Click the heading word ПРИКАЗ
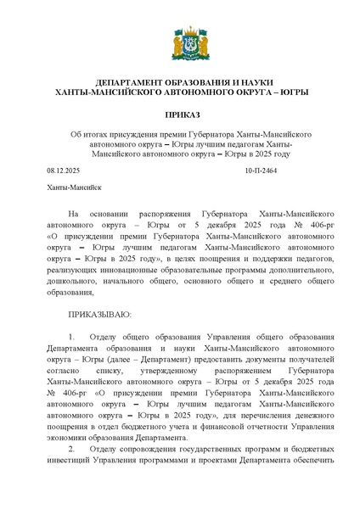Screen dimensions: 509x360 (x=180, y=112)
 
